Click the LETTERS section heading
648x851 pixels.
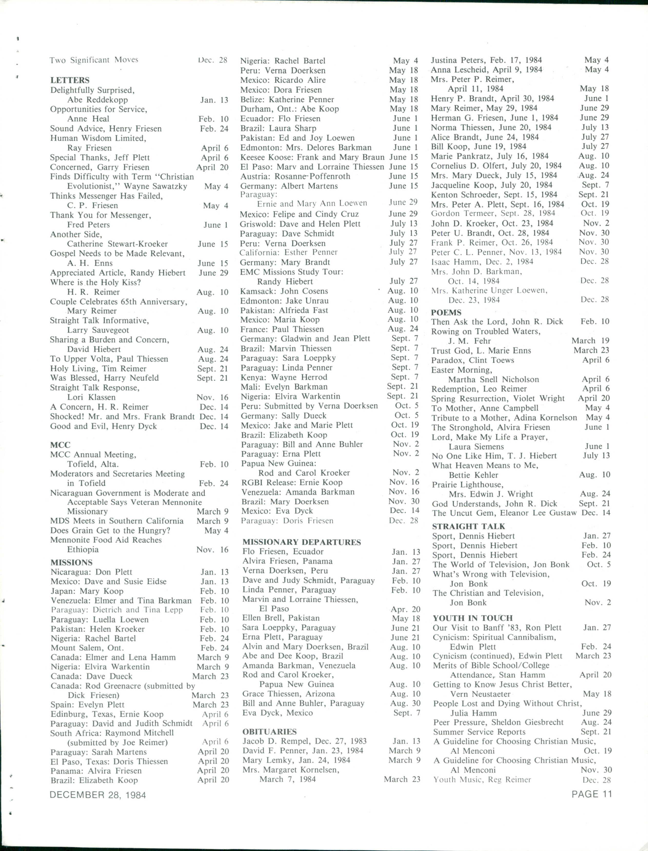tap(70, 80)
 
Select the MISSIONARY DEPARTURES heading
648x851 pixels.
tap(302, 542)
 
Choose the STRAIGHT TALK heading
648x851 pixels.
tap(468, 526)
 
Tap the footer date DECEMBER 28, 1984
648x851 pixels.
tap(98, 795)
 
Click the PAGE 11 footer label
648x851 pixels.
tap(592, 794)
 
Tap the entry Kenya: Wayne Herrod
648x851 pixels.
tap(284, 377)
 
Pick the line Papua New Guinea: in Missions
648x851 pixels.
tap(278, 463)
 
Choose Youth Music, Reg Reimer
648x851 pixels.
tap(482, 780)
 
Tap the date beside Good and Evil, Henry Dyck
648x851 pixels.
tap(214, 426)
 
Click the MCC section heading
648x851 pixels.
tap(60, 445)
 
